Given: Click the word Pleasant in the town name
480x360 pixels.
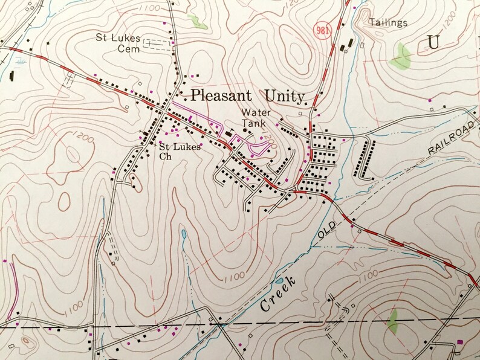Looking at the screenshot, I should tap(223, 95).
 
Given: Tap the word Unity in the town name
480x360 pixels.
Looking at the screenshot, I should tap(284, 95).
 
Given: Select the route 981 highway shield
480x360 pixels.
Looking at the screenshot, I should tap(322, 30).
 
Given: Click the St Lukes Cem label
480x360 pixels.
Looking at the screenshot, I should tap(118, 43).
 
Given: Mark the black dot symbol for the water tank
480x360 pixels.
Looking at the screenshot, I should tap(245, 130).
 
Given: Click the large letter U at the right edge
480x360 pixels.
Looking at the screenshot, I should tap(433, 42).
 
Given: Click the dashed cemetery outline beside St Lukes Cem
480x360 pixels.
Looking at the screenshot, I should tap(157, 44).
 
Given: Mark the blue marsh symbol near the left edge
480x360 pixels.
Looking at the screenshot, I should tap(21, 61).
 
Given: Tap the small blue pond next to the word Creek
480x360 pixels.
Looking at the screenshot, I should tap(183, 234).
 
